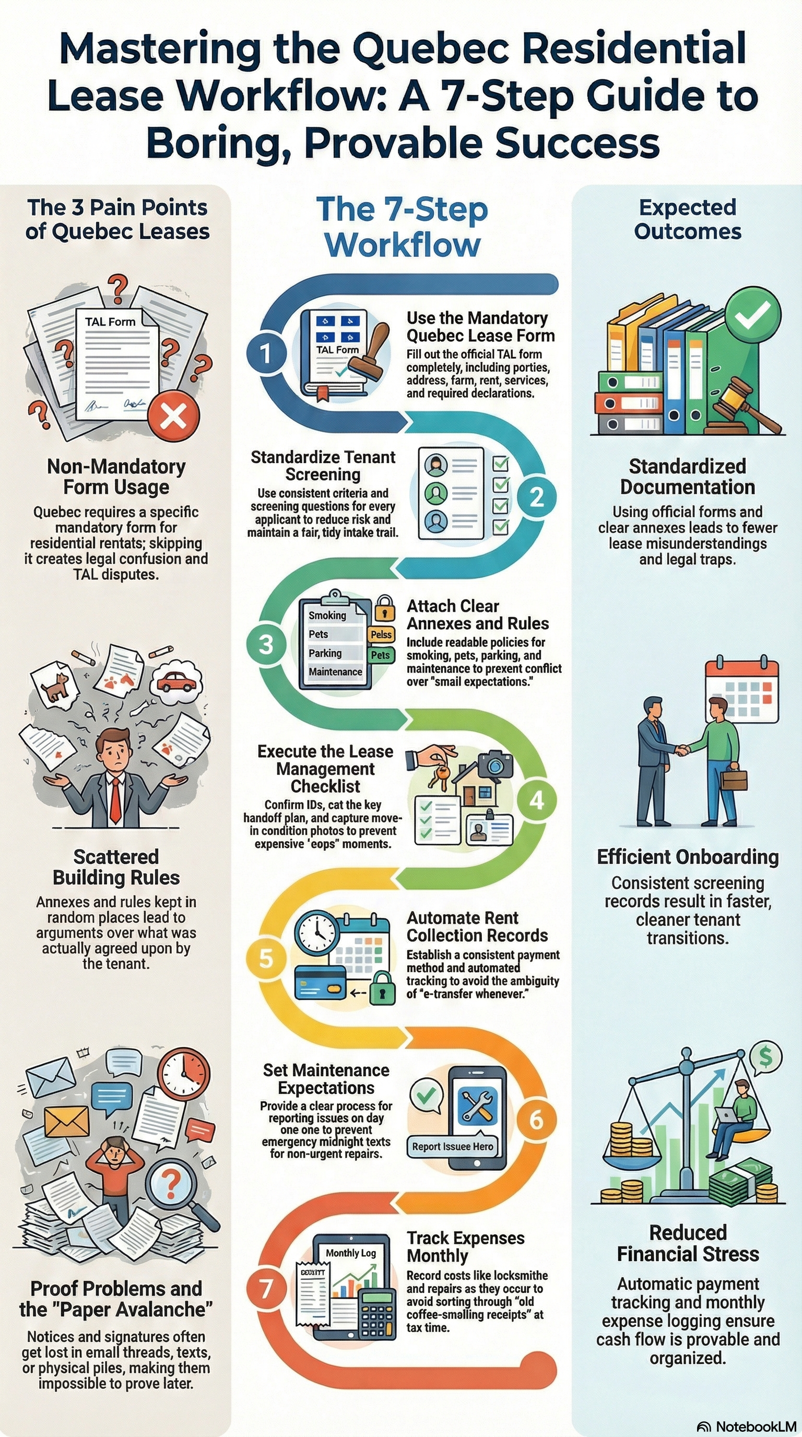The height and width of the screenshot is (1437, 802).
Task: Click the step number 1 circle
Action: point(266,352)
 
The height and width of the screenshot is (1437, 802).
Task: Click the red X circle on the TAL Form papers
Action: point(173,416)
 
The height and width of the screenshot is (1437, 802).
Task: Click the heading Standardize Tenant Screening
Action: point(323,465)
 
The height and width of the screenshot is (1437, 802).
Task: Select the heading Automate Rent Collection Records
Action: point(477,926)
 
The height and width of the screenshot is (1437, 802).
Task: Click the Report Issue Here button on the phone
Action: point(452,1146)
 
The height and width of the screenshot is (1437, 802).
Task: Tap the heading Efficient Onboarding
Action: point(688,857)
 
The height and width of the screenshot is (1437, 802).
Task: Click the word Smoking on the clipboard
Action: point(327,615)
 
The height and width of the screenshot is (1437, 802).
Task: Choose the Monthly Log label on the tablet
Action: point(351,1253)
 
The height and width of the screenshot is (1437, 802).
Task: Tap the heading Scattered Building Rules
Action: point(116,867)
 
